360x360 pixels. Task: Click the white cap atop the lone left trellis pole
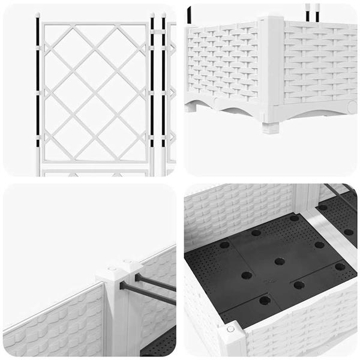[37, 14]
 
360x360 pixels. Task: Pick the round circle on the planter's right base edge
[352, 106]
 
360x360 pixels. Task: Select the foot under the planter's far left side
[191, 107]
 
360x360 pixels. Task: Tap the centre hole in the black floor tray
[280, 262]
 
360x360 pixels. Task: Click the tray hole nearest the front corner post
[264, 299]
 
